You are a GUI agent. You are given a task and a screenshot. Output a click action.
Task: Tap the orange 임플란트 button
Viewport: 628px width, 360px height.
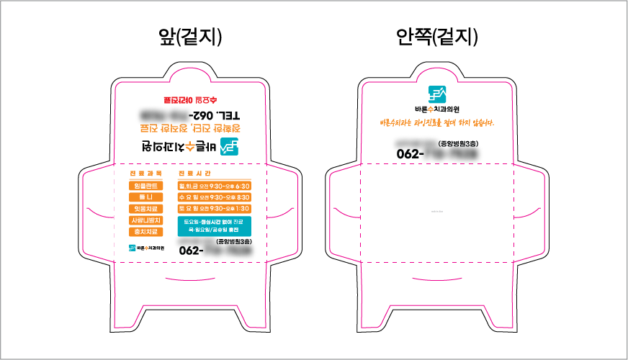[146, 186]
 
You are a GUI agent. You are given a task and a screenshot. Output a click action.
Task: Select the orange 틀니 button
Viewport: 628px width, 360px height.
[146, 197]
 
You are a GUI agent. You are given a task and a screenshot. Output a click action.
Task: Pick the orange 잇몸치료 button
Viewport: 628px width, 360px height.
[146, 208]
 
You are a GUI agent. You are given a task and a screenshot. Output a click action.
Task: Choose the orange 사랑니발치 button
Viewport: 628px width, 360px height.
[146, 220]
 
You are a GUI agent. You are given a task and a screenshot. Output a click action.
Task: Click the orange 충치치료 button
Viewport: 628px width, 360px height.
[146, 231]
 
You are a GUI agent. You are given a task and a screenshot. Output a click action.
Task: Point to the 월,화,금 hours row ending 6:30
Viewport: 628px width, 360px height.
[214, 186]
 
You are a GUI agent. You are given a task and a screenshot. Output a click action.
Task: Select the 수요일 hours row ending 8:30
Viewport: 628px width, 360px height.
[214, 197]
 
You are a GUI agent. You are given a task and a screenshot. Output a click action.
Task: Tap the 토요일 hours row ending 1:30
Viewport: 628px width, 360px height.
[214, 208]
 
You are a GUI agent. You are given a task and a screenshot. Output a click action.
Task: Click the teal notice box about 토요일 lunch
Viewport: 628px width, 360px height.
[214, 226]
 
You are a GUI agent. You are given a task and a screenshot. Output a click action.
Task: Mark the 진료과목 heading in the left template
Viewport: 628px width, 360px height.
[146, 174]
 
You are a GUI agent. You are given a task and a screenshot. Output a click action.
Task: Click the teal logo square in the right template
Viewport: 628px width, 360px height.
[437, 94]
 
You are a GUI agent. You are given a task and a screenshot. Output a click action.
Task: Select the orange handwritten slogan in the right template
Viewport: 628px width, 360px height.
[437, 122]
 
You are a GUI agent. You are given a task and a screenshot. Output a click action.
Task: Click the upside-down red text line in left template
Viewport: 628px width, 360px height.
[189, 99]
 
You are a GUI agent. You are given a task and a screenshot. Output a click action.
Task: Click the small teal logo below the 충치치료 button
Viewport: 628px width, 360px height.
[133, 248]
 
